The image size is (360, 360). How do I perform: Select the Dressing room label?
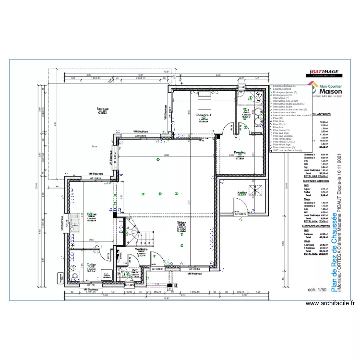[x=240, y=153]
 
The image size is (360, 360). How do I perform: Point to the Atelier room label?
[x=242, y=193]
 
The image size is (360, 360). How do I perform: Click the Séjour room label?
[x=181, y=223]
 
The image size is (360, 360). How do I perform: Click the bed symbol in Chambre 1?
[x=204, y=98]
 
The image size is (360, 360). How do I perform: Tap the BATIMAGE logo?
[x=324, y=72]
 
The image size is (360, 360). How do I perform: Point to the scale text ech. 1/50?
[x=317, y=289]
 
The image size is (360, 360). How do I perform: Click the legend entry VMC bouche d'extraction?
[x=288, y=150]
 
